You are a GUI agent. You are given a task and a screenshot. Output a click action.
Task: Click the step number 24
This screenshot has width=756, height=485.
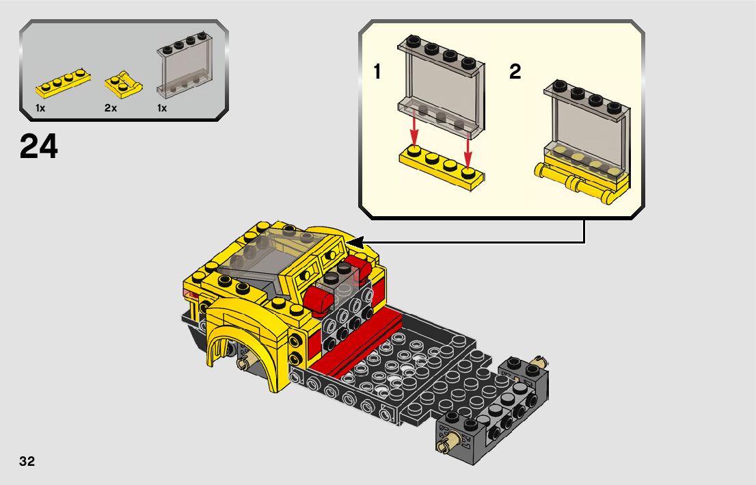[38, 146]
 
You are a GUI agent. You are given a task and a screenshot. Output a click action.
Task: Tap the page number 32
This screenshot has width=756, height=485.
[27, 461]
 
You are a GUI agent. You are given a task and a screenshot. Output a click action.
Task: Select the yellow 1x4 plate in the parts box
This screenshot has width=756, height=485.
[63, 84]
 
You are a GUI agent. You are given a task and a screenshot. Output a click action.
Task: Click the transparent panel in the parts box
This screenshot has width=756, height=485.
[185, 65]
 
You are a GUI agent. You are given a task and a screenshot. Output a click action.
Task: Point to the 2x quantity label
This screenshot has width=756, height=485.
[111, 108]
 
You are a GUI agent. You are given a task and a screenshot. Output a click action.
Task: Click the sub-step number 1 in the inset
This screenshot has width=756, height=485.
[377, 72]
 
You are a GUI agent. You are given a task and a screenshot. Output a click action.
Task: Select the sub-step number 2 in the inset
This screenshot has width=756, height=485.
[515, 72]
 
